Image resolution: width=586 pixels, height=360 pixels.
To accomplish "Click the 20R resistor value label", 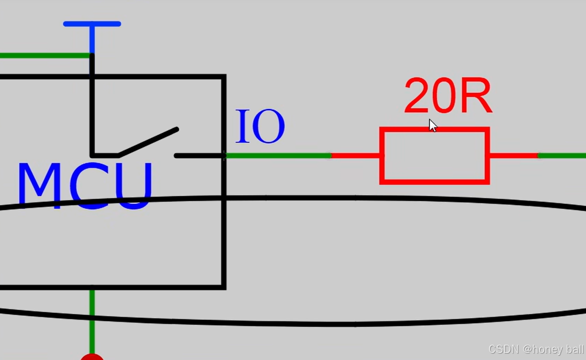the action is tap(448, 96).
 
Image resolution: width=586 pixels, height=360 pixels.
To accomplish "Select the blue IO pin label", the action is tap(260, 127).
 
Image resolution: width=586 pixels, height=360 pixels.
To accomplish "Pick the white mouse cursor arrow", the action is tap(432, 125).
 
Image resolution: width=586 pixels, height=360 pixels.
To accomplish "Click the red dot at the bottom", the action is tap(92, 357).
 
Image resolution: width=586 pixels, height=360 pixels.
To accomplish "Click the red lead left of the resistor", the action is tap(356, 155).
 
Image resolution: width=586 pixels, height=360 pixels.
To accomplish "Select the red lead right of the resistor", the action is tap(514, 155).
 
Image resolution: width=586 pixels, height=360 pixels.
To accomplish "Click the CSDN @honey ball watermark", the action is tap(536, 349).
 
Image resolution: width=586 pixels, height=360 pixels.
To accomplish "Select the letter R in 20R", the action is tap(476, 96).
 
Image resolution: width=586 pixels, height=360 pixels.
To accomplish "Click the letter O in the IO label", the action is tap(269, 127).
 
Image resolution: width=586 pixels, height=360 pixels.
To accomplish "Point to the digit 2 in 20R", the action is tap(417, 96).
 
